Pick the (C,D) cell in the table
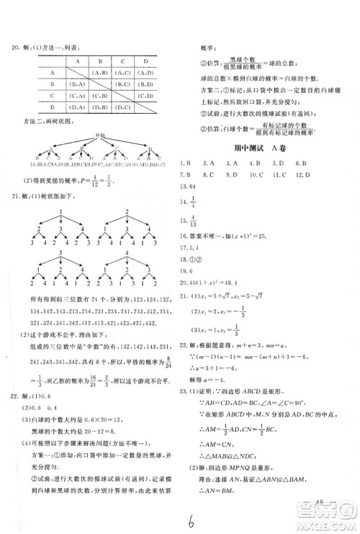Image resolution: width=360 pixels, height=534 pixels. pos(145,97)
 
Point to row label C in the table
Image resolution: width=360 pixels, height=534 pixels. pos(52,97)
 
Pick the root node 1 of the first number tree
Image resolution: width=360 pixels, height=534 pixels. pos(63,212)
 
